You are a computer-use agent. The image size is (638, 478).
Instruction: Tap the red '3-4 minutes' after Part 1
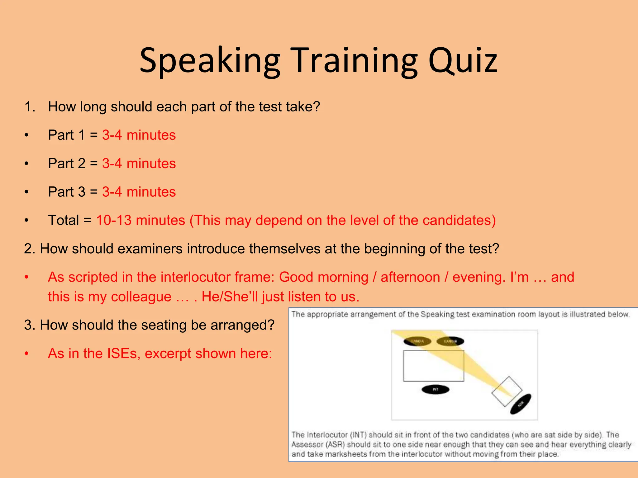pyautogui.click(x=139, y=135)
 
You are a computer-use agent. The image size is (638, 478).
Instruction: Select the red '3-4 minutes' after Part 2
pyautogui.click(x=139, y=164)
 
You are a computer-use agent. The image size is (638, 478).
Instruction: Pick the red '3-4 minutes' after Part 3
pyautogui.click(x=139, y=192)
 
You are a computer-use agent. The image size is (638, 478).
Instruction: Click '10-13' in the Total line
pyautogui.click(x=114, y=220)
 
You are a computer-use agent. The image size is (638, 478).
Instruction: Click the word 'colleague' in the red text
pyautogui.click(x=141, y=297)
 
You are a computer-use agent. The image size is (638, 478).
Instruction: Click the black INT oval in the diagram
pyautogui.click(x=435, y=389)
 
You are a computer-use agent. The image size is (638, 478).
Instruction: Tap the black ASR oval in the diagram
pyautogui.click(x=521, y=404)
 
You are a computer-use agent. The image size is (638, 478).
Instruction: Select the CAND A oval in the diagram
pyautogui.click(x=417, y=341)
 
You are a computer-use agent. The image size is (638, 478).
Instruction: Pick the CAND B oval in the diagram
pyautogui.click(x=450, y=341)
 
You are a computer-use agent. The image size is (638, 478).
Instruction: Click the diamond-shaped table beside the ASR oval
pyautogui.click(x=507, y=391)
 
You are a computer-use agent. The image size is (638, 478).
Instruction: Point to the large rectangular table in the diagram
pyautogui.click(x=433, y=366)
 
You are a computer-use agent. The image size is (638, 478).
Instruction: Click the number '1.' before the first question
pyautogui.click(x=30, y=107)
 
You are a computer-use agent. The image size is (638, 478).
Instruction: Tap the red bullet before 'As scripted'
pyautogui.click(x=27, y=277)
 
